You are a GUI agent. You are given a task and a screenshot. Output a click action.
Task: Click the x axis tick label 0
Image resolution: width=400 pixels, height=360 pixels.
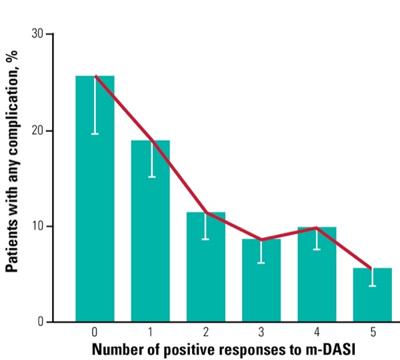(95, 331)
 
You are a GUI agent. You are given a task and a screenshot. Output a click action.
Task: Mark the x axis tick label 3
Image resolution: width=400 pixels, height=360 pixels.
(261, 331)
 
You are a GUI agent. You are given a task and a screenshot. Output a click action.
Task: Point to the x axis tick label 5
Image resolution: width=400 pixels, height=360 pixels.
(372, 331)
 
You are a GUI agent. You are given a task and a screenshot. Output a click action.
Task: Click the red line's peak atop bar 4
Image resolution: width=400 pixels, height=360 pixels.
(317, 228)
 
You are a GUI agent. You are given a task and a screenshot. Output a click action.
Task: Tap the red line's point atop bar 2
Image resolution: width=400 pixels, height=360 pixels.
(206, 213)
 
